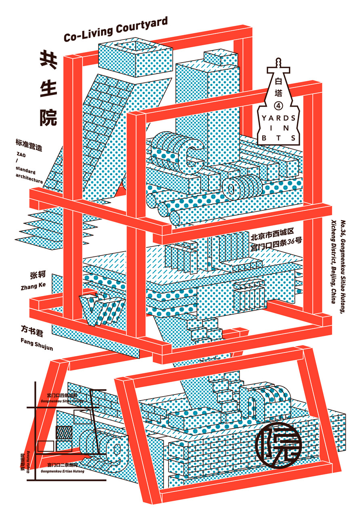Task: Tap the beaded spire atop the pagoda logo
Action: [277, 63]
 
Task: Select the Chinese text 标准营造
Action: [29, 143]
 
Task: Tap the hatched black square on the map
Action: [64, 432]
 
